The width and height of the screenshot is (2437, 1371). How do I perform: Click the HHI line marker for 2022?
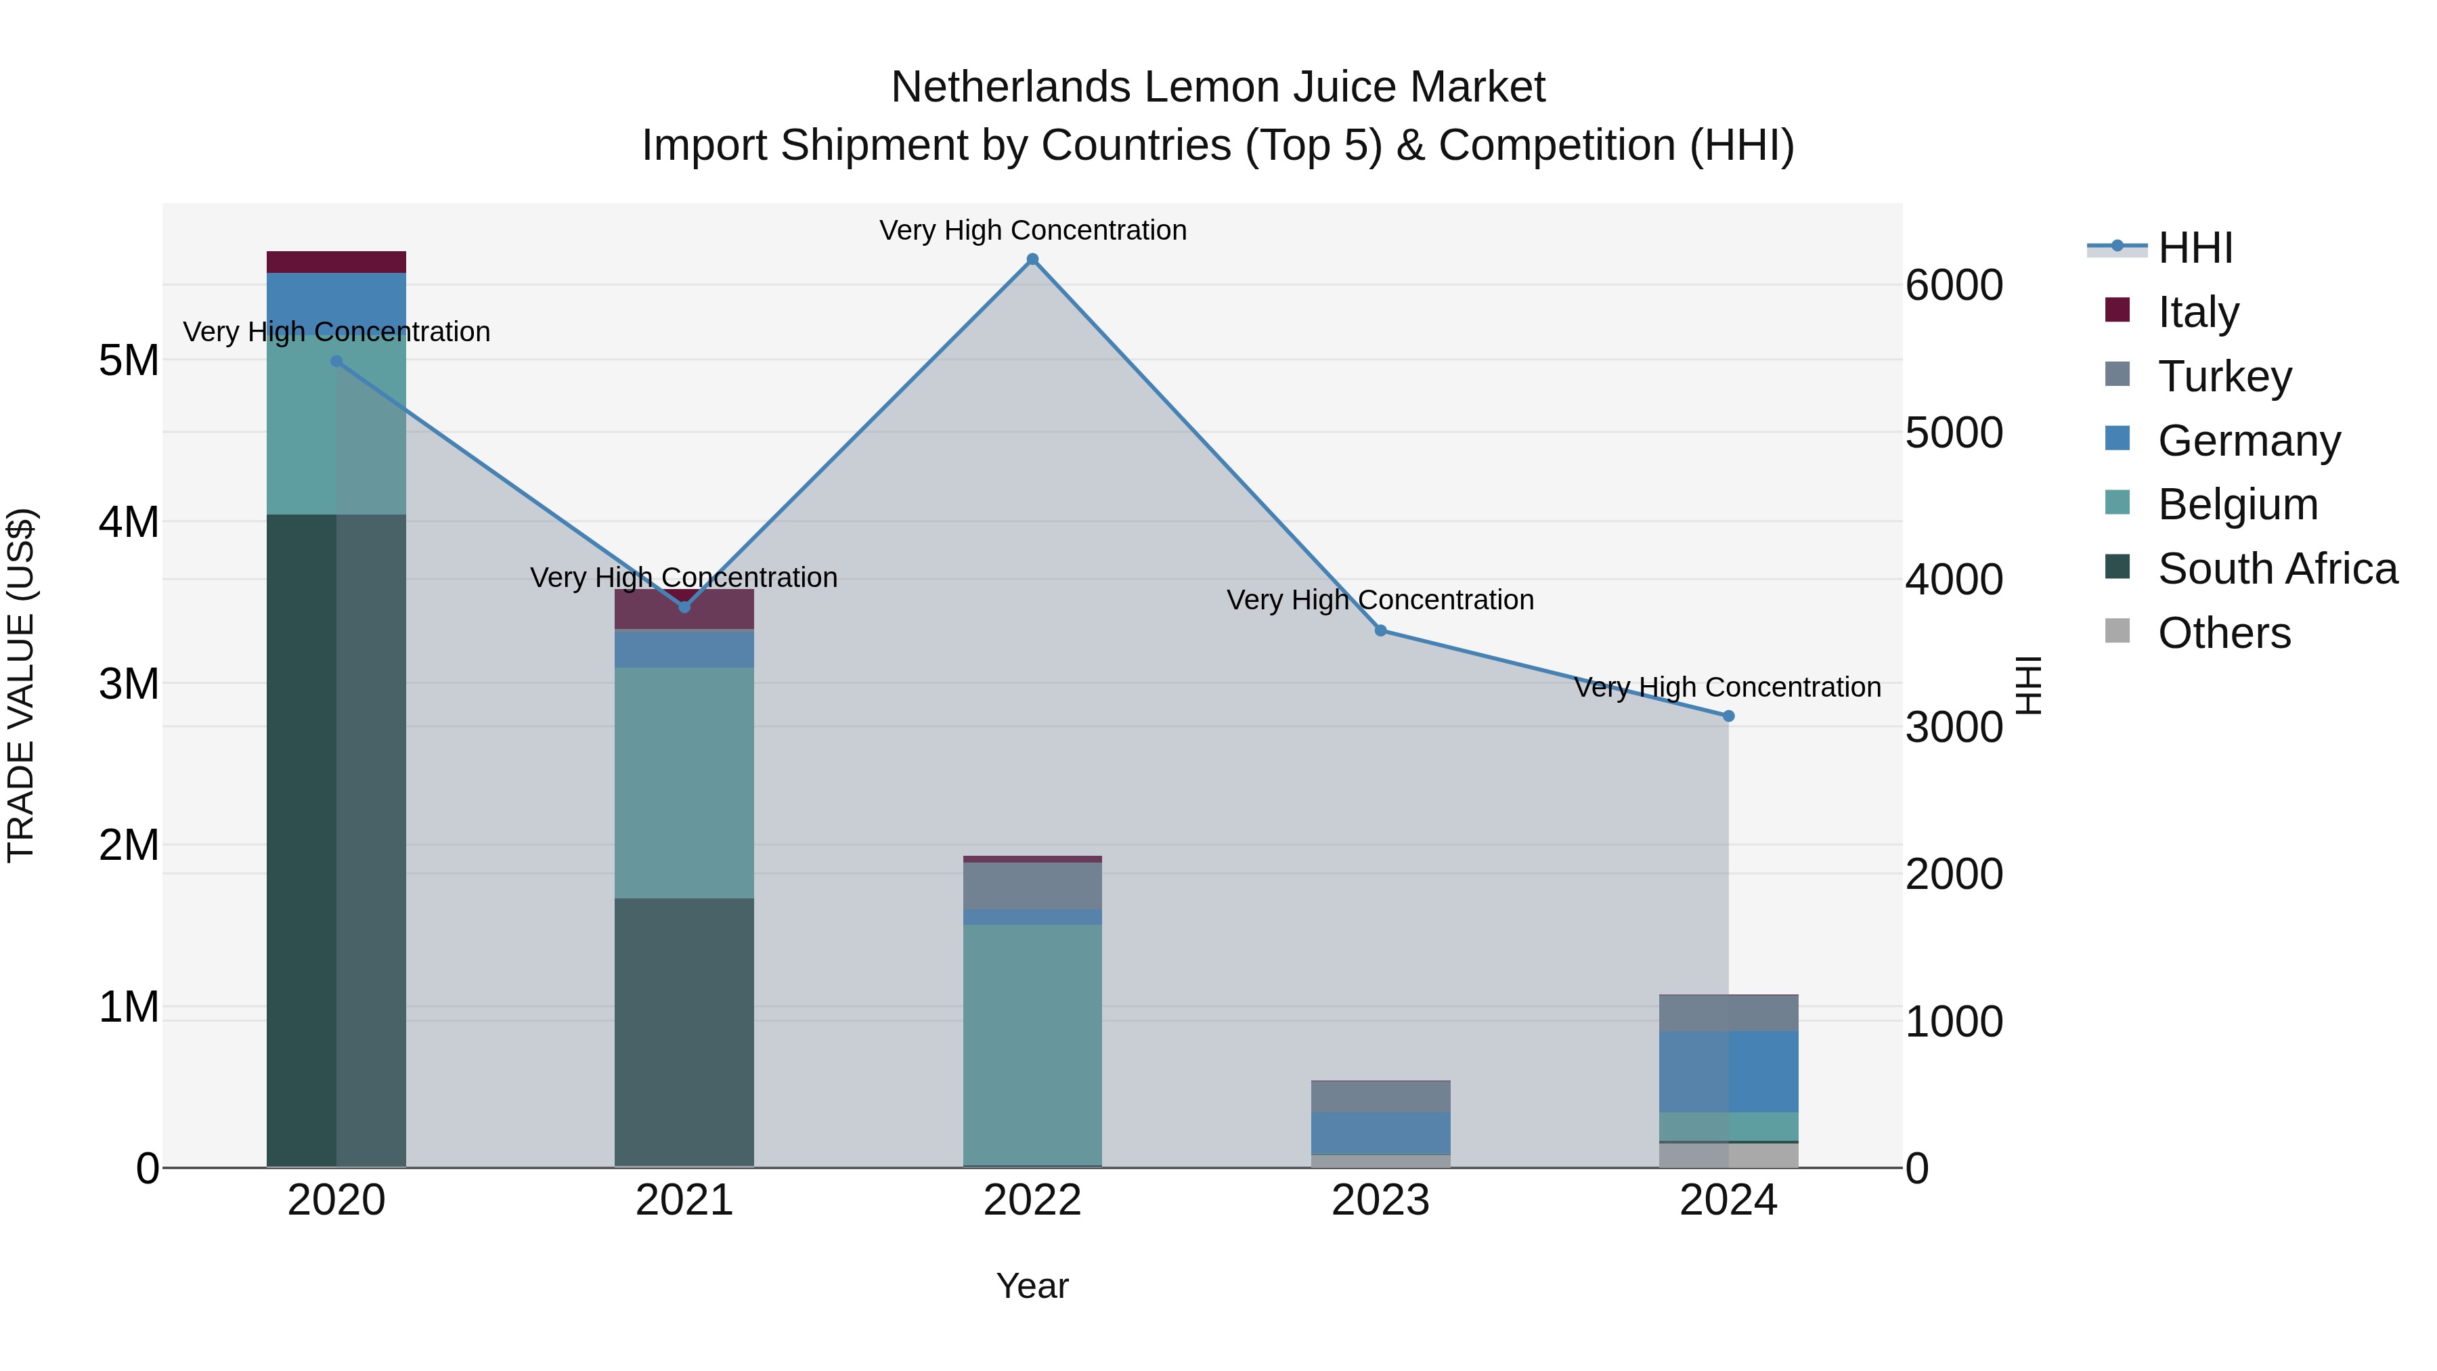point(1032,259)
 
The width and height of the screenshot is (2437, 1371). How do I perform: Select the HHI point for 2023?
point(1380,630)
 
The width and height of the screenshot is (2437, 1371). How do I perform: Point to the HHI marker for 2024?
point(1728,716)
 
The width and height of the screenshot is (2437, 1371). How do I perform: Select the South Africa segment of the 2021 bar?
point(684,1031)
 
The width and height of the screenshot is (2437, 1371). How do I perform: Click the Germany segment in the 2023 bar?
point(1380,1133)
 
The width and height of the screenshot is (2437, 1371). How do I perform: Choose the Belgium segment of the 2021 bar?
point(684,783)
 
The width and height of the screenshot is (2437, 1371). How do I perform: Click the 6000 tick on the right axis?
point(1954,286)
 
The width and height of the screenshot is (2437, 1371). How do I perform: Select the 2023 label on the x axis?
point(1380,1200)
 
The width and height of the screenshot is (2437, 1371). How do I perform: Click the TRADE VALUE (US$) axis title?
point(21,685)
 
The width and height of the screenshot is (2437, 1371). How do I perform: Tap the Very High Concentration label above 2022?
point(1032,230)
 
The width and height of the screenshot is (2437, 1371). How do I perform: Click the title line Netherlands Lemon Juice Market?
point(1218,87)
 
